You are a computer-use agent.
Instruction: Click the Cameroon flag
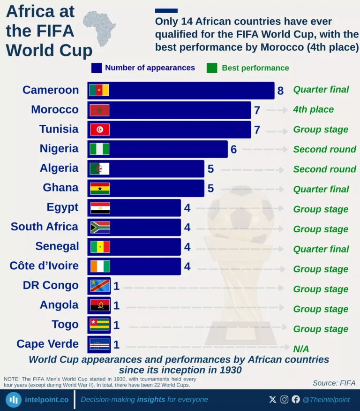[x=99, y=90]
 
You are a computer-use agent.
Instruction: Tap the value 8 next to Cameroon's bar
[x=280, y=91]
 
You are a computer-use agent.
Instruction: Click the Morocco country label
[x=55, y=110]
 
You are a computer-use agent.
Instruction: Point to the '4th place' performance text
[x=313, y=110]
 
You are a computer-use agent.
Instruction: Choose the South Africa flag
[x=100, y=228]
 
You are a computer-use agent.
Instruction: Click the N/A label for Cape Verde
[x=301, y=349]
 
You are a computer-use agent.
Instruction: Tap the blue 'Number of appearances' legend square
[x=97, y=68]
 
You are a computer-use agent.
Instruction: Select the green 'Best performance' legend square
[x=212, y=68]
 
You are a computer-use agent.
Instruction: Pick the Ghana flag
[x=100, y=189]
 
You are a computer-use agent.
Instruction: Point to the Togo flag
[x=99, y=325]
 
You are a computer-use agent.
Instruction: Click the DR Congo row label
[x=51, y=286]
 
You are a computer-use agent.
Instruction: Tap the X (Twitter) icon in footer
[x=273, y=399]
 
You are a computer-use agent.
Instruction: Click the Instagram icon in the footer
[x=285, y=399]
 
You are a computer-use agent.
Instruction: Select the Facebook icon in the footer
[x=296, y=399]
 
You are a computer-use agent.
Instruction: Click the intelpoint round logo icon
[x=14, y=400]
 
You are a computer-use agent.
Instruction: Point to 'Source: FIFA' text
[x=334, y=383]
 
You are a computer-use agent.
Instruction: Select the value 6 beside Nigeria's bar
[x=233, y=150]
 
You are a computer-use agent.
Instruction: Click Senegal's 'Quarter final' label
[x=321, y=249]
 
